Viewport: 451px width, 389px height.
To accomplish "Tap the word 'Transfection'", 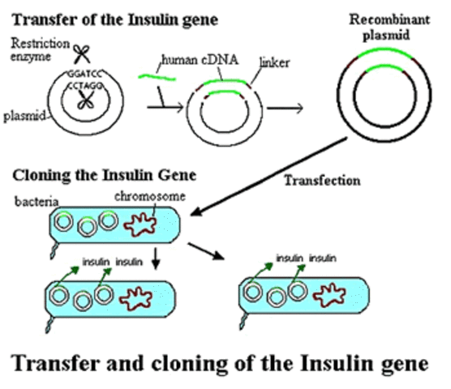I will pos(321,181).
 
